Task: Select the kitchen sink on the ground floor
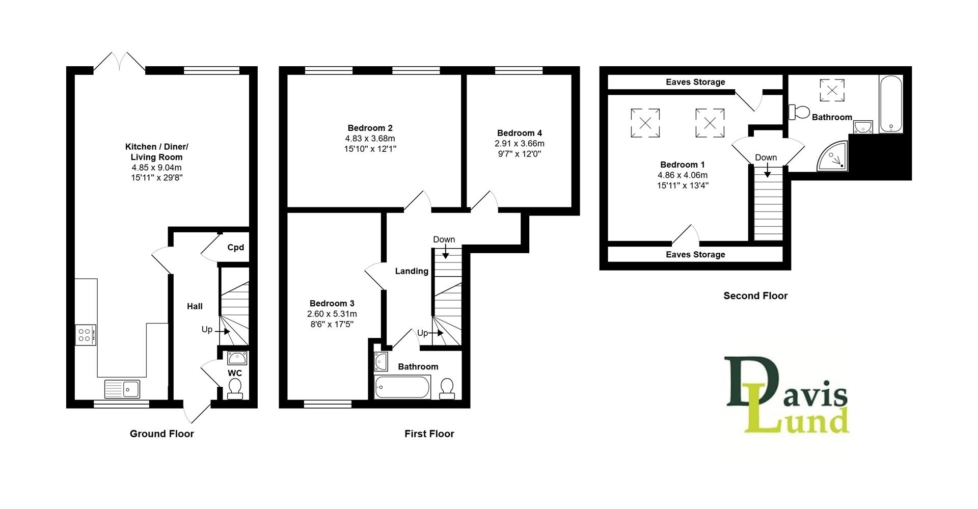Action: coord(122,389)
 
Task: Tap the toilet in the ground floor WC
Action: coord(235,389)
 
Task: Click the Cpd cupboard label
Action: coord(235,248)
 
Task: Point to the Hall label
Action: coord(195,306)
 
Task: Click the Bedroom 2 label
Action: coord(370,128)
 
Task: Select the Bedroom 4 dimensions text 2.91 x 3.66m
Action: coord(519,144)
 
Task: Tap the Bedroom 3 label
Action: coord(332,303)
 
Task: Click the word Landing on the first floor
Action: coord(412,271)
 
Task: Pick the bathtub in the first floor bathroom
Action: coord(402,387)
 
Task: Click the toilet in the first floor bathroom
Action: coord(447,389)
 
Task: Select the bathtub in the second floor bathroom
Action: coord(891,104)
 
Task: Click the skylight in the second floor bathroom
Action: coord(832,90)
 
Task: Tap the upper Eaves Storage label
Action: coord(695,82)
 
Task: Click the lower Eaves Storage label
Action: coord(695,254)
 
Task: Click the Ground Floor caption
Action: coord(161,434)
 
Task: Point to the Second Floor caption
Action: coord(755,296)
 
